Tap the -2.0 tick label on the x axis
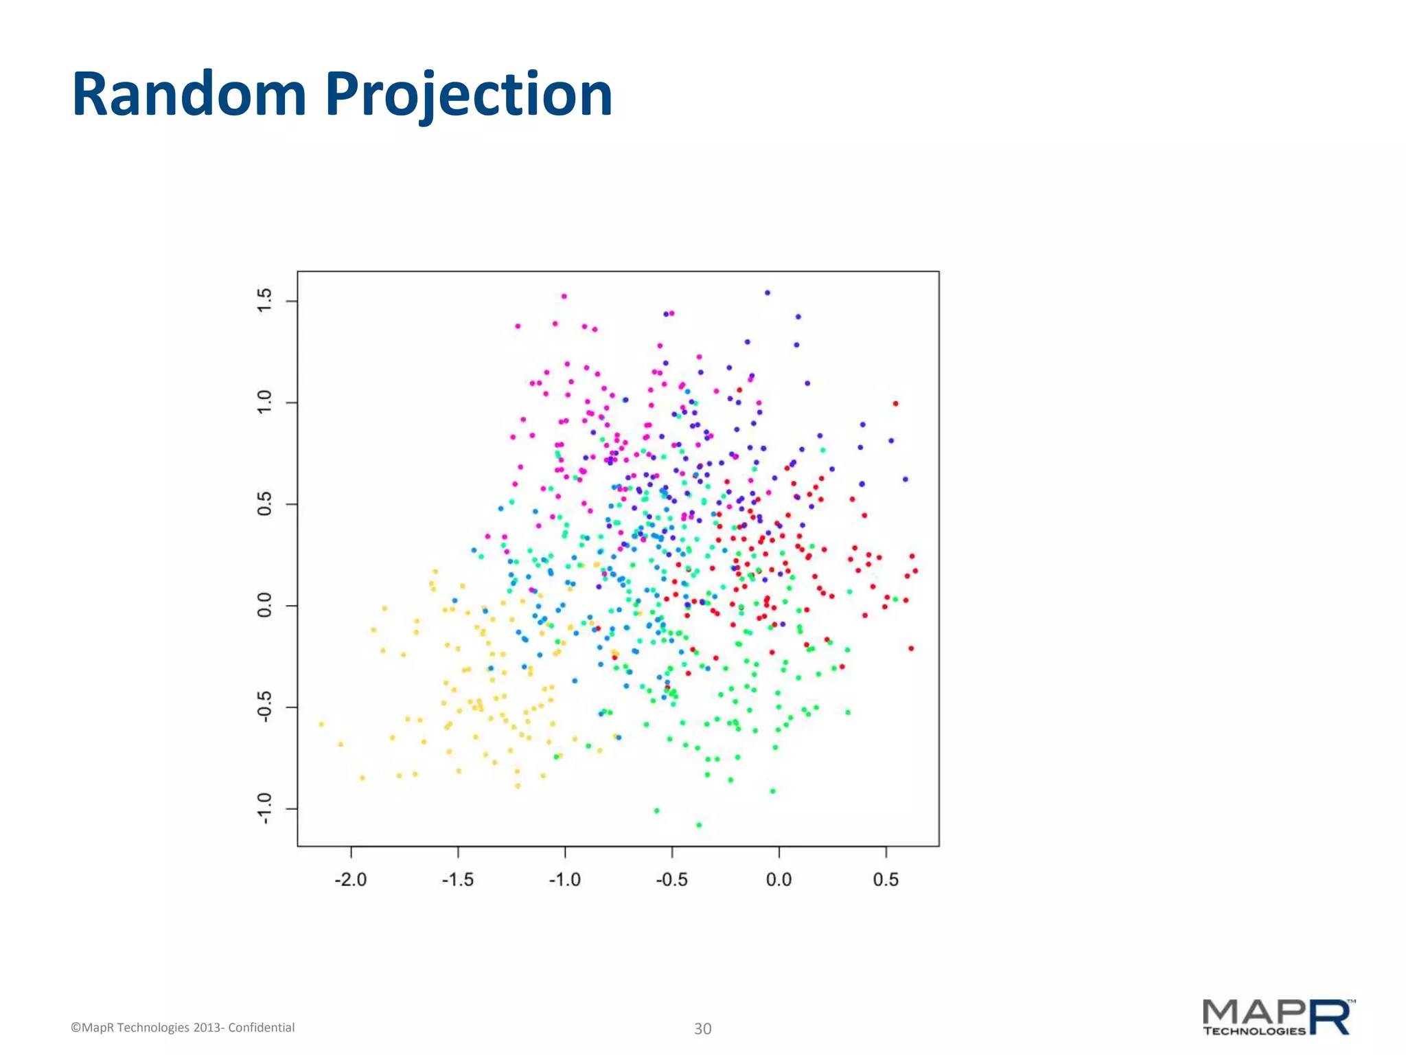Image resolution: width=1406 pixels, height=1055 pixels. pos(351,880)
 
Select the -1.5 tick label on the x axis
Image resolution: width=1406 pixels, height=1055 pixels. pos(458,880)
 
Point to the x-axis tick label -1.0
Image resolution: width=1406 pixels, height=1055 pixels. pos(564,880)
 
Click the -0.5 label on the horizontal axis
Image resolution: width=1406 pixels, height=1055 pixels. pos(671,880)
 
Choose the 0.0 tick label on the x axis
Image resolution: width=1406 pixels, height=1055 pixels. pos(779,880)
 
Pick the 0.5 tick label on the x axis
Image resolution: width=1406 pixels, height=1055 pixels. pos(886,880)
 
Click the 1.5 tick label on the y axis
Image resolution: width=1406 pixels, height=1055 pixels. pos(264,301)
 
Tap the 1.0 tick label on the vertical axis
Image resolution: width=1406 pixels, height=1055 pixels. pos(264,402)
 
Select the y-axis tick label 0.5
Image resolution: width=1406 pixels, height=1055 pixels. pos(264,504)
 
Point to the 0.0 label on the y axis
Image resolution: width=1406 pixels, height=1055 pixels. pos(264,606)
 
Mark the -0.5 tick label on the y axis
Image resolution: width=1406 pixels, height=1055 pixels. pos(264,707)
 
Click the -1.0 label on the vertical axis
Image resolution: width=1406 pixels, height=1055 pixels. pos(264,808)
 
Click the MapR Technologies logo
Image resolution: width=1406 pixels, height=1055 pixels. pos(1278,1018)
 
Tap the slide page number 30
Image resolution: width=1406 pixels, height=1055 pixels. pos(702,1029)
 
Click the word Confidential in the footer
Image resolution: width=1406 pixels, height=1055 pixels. pos(262,1028)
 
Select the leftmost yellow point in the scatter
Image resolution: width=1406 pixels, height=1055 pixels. pos(321,724)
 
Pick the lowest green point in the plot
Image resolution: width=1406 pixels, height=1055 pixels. pos(699,825)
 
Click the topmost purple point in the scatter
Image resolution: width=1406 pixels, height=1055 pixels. pos(768,293)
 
